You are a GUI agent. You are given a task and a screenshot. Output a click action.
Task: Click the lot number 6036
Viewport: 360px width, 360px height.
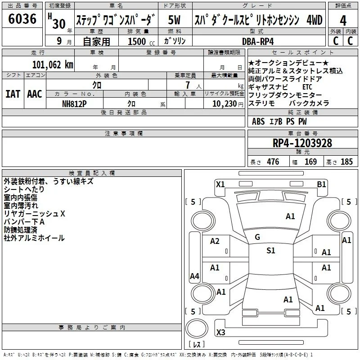point(22,19)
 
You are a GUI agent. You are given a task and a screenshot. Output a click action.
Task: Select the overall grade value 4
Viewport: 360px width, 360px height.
point(343,21)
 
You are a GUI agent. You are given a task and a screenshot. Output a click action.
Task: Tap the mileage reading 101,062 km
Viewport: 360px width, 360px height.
point(53,65)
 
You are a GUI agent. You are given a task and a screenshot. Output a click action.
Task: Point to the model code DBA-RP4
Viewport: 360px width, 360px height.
point(258,41)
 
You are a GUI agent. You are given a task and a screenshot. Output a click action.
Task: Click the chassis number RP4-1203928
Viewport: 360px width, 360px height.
point(302,143)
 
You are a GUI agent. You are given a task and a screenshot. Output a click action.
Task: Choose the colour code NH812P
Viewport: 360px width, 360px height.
point(74,104)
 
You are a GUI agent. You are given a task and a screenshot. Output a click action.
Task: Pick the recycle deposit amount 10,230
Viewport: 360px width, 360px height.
point(225,103)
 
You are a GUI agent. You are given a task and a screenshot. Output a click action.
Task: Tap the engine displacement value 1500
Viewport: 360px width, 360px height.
point(137,41)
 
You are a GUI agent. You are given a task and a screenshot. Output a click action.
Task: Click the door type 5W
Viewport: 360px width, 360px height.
point(174,20)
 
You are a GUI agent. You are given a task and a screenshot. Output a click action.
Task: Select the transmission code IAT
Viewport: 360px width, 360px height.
point(13,94)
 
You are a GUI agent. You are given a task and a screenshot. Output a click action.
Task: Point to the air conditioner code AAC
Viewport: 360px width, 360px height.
point(35,94)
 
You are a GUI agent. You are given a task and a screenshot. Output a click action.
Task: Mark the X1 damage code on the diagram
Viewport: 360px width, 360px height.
point(220,184)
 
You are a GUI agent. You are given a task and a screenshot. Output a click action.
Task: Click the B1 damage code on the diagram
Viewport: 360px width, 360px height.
point(321,184)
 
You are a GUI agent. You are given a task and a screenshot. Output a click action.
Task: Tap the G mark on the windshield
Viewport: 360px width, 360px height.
point(257,237)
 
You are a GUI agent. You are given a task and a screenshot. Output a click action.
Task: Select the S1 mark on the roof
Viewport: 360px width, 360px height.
point(271,251)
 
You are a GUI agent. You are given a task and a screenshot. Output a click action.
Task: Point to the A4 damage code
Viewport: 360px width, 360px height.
point(194,276)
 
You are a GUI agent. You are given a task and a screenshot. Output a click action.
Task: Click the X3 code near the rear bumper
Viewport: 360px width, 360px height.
point(220,332)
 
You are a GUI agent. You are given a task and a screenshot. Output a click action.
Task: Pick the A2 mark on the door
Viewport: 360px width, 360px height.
point(215,241)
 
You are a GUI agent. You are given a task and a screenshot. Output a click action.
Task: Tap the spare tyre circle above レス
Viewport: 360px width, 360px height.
point(197,328)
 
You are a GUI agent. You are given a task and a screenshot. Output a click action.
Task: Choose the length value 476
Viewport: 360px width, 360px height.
point(273,162)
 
